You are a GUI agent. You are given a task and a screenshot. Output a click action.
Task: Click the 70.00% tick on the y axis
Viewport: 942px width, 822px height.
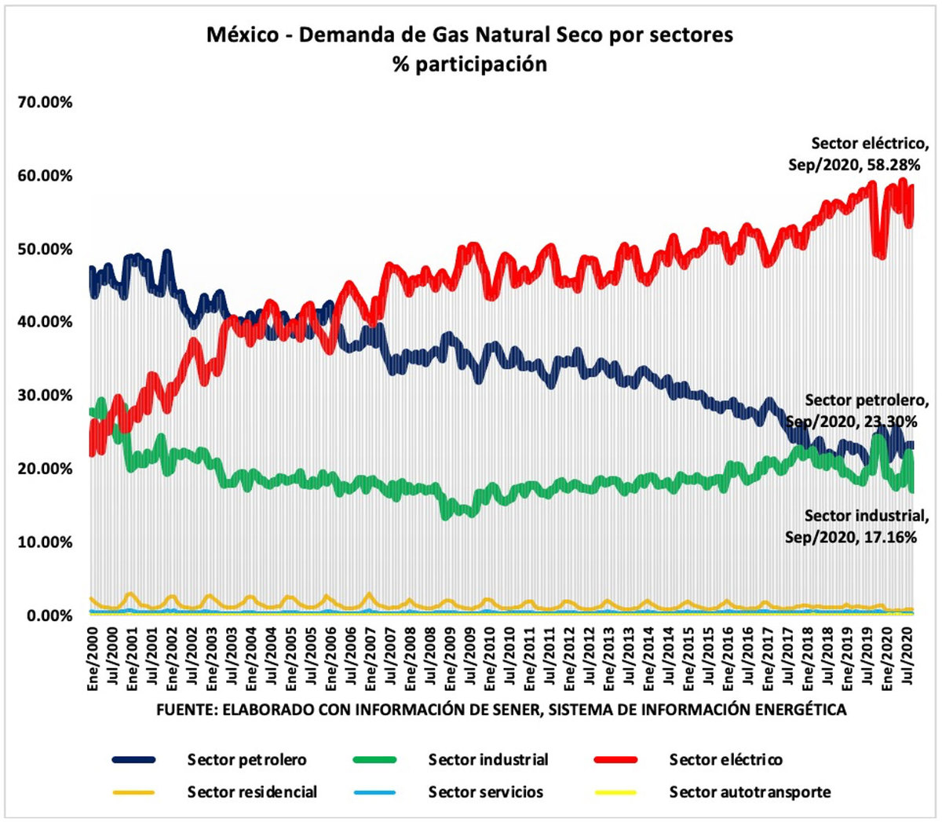45,102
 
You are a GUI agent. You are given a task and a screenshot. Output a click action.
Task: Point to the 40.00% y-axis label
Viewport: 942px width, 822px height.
45,322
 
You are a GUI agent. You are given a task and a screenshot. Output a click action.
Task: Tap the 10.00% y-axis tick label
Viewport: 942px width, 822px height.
45,543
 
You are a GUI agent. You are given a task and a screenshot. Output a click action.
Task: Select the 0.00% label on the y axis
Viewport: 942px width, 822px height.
48,616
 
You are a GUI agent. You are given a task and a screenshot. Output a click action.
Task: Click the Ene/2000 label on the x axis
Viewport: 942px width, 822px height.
93,658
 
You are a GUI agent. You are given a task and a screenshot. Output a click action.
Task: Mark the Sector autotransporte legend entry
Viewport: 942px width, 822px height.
750,792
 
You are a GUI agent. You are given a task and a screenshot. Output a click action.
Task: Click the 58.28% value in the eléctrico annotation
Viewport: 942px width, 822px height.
891,165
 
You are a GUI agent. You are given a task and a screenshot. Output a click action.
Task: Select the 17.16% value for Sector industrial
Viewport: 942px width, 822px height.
890,537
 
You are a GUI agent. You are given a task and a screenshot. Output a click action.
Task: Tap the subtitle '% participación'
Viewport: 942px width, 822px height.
469,64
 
